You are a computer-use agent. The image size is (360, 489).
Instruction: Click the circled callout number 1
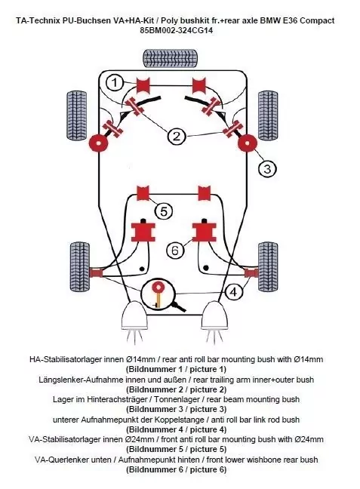[115, 83]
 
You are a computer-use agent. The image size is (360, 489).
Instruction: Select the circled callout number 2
[177, 137]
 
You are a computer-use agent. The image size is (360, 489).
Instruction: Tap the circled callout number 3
[267, 169]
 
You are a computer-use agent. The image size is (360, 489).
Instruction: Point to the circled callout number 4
[233, 292]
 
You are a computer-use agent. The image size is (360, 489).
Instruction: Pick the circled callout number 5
[164, 211]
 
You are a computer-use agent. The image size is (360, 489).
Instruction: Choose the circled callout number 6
[175, 250]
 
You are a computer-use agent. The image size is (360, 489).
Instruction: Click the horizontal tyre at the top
[170, 57]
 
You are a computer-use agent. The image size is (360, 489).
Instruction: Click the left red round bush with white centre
[98, 143]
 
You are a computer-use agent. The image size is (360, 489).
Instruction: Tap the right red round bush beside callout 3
[248, 143]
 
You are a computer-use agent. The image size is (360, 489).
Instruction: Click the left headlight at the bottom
[134, 315]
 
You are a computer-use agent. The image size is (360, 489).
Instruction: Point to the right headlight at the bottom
[216, 315]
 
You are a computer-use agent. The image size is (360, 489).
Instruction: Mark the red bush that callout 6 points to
[205, 232]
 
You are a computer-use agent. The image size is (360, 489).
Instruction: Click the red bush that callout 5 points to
[143, 193]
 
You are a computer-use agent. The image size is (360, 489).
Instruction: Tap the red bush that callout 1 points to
[143, 85]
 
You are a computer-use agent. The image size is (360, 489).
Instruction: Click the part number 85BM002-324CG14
[177, 30]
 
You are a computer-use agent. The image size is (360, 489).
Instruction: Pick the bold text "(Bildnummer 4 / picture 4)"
[177, 429]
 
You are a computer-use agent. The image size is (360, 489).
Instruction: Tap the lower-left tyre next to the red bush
[80, 266]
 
